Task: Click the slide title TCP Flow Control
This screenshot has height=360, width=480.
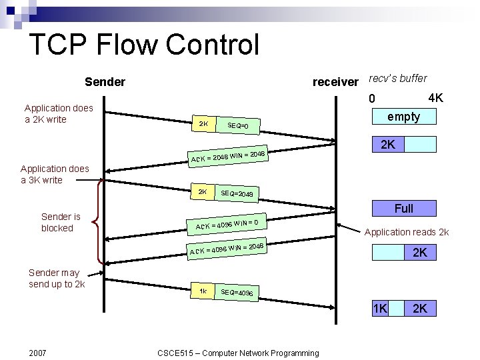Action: pos(144,45)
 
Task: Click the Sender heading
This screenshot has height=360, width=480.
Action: pos(105,82)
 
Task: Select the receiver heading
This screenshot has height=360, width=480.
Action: pos(335,82)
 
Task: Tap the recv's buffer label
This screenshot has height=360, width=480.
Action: pos(397,78)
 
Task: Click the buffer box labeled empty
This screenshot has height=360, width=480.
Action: pos(403,117)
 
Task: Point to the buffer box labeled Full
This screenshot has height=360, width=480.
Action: pos(403,209)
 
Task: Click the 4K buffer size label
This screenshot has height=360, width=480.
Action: pos(435,99)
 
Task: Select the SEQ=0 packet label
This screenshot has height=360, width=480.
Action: pos(237,126)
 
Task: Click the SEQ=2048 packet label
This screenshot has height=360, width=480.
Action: pos(236,193)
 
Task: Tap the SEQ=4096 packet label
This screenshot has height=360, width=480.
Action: pos(236,293)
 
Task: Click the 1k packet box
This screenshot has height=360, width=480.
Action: pos(203,291)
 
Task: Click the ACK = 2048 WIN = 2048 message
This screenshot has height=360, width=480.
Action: pos(228,156)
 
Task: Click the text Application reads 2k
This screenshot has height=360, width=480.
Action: pos(406,232)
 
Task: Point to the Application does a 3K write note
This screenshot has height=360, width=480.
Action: pos(54,174)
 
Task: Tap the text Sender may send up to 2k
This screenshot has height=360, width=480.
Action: pos(56,278)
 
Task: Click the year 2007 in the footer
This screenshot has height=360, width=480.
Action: pos(38,352)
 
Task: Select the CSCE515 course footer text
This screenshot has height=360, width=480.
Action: pos(237,352)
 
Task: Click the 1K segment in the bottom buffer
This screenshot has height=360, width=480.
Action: pos(380,308)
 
